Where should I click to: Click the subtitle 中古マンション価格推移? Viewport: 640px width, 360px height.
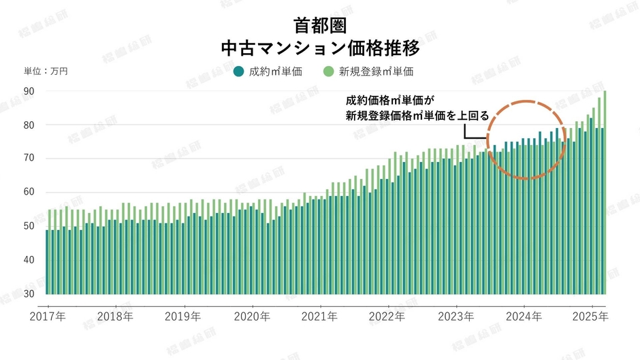point(320,49)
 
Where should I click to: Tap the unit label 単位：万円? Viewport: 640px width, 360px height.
point(46,71)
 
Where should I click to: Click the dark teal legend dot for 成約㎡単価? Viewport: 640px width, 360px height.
point(238,71)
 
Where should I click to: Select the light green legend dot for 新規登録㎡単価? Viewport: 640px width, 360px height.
point(328,71)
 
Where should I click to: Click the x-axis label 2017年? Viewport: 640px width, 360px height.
point(47,316)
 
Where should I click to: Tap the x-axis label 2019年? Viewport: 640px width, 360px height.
point(183,316)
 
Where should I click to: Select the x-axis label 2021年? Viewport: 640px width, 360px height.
point(320,316)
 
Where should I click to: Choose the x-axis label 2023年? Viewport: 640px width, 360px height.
point(456,316)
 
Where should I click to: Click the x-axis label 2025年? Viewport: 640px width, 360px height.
point(591,316)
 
